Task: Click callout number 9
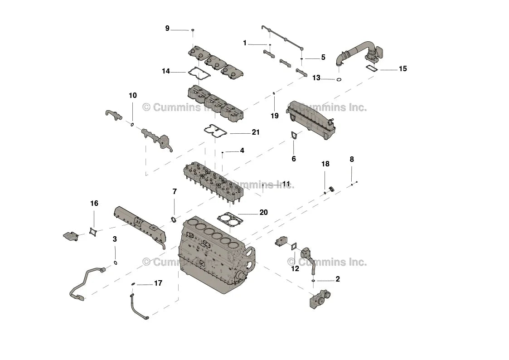pyautogui.click(x=167, y=29)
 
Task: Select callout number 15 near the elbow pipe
pyautogui.click(x=402, y=69)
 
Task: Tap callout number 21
pyautogui.click(x=256, y=132)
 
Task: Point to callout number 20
pyautogui.click(x=263, y=212)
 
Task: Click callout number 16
pyautogui.click(x=94, y=204)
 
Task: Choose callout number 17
pyautogui.click(x=158, y=283)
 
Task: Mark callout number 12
pyautogui.click(x=295, y=268)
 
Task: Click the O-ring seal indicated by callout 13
pyautogui.click(x=339, y=80)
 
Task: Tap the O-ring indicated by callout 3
pyautogui.click(x=116, y=262)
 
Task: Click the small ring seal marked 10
pyautogui.click(x=132, y=124)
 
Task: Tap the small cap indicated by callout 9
pyautogui.click(x=193, y=30)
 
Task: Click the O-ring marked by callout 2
pyautogui.click(x=313, y=281)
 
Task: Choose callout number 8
pyautogui.click(x=352, y=160)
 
